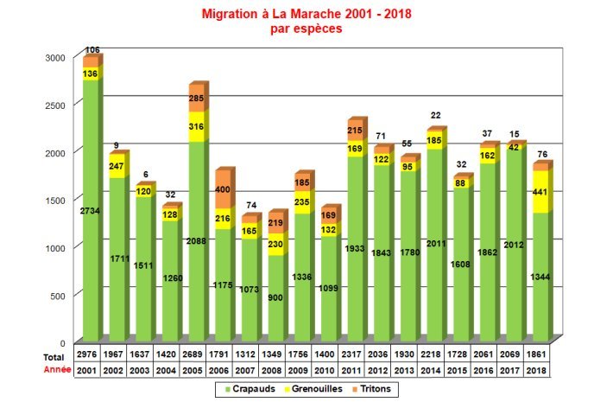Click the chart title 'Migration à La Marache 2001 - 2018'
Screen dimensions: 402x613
pos(306,15)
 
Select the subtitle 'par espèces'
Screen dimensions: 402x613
pos(306,29)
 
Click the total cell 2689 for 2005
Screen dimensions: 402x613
pos(194,355)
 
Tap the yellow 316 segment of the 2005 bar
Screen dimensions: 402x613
pos(195,128)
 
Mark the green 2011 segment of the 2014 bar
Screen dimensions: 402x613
pos(434,245)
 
